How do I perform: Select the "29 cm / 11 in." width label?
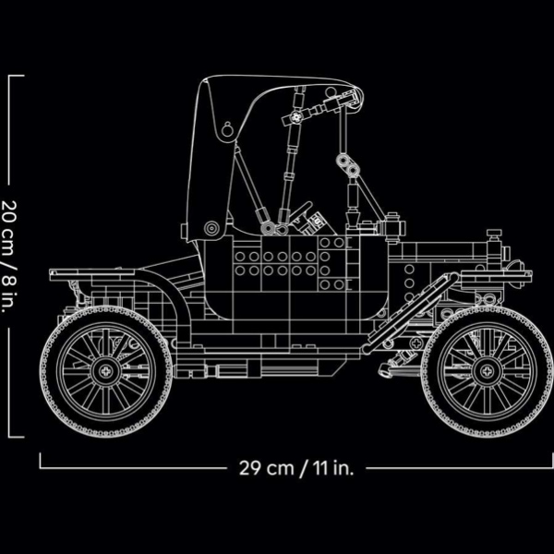click(296, 466)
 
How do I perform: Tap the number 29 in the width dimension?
click(247, 466)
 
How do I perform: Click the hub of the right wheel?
click(487, 372)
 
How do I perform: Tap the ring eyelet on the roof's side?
click(226, 129)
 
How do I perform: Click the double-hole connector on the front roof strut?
click(349, 166)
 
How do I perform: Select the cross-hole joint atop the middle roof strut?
click(296, 117)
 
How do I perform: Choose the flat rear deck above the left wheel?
click(88, 274)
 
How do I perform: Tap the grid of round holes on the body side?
click(277, 263)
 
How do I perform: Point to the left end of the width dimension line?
click(41, 466)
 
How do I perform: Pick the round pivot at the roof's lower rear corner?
click(212, 227)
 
